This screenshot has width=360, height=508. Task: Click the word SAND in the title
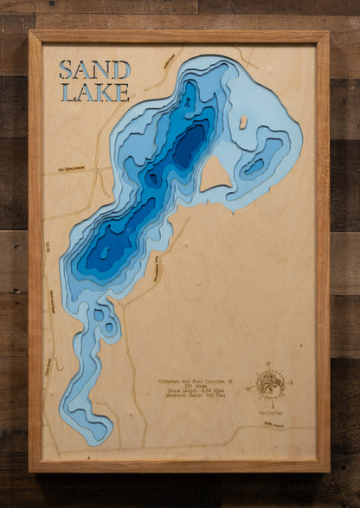point(95,69)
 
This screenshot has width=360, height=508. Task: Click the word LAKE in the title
point(95,92)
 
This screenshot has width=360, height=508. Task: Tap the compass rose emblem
point(271,383)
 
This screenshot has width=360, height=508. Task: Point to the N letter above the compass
point(269,363)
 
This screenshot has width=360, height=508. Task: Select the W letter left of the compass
point(250,388)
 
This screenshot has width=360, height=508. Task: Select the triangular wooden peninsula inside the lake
point(215,177)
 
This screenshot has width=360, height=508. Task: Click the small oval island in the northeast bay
point(243,122)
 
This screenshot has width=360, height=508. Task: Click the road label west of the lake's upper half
point(73,169)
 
